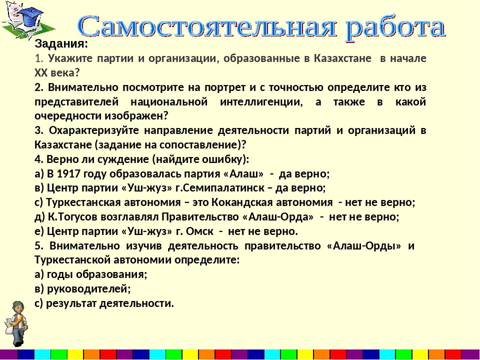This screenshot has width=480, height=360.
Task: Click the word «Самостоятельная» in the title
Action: tap(207, 27)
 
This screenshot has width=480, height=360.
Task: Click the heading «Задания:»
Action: tap(61, 44)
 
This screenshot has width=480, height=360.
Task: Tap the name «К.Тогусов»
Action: tap(72, 216)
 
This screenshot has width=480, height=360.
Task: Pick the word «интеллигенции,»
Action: tap(261, 102)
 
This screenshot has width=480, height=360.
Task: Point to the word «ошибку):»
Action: tap(226, 159)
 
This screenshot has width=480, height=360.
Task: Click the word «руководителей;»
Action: tap(89, 288)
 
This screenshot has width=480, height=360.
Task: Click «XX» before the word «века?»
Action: tap(40, 73)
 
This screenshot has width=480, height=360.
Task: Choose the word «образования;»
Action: tap(111, 274)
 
